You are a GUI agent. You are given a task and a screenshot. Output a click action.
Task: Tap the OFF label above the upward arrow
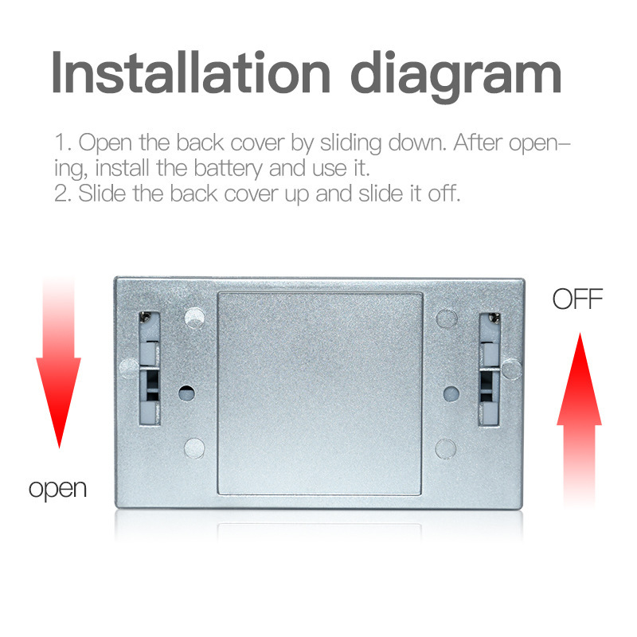click(x=577, y=300)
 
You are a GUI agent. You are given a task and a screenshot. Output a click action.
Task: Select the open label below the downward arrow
click(x=57, y=487)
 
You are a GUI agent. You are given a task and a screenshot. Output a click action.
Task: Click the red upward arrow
click(x=579, y=414)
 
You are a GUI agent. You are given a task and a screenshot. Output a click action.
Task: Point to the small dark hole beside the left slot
click(x=186, y=393)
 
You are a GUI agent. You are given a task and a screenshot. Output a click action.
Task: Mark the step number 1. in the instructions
click(x=62, y=144)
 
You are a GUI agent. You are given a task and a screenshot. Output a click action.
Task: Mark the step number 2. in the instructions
click(x=62, y=193)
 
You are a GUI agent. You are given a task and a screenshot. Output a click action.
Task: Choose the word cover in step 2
click(x=243, y=193)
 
